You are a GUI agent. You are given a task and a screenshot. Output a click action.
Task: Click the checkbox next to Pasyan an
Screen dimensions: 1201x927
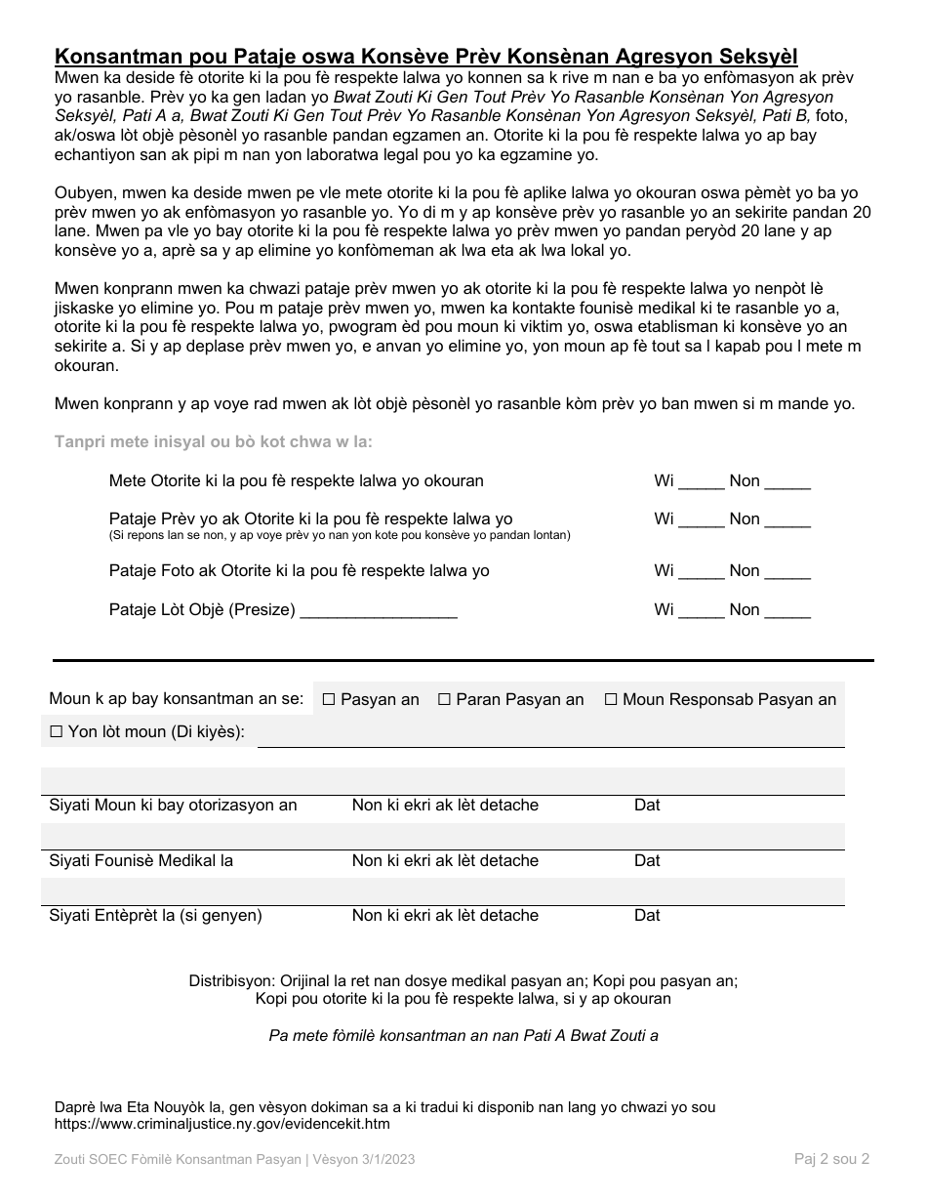coord(329,699)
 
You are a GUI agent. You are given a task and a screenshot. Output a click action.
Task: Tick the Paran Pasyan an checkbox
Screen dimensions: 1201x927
coord(444,699)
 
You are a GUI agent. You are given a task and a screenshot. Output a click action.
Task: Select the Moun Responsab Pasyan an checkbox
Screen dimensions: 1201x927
coord(611,699)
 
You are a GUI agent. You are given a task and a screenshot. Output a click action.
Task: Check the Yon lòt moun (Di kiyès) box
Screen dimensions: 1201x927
coord(56,731)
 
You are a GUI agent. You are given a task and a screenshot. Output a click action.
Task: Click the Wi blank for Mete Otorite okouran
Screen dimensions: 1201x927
coord(702,482)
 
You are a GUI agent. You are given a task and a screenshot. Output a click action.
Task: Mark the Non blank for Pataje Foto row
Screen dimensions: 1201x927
coord(787,572)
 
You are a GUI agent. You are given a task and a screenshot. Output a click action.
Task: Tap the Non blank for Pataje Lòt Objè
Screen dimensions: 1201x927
coord(787,611)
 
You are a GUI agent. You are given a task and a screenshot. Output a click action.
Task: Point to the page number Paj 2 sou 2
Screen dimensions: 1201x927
coord(831,1159)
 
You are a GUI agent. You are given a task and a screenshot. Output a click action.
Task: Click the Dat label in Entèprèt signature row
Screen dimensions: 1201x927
coord(647,915)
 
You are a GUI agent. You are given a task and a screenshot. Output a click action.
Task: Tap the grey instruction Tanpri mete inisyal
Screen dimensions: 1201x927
coord(214,441)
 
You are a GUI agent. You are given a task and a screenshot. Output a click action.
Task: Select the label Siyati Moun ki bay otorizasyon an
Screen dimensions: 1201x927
coord(173,805)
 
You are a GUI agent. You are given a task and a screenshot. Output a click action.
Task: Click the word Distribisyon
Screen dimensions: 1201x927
coord(232,980)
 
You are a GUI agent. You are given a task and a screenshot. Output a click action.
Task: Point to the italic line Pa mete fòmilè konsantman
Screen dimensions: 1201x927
coord(463,1035)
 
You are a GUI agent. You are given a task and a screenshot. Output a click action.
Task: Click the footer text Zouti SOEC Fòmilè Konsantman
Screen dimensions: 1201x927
coord(235,1159)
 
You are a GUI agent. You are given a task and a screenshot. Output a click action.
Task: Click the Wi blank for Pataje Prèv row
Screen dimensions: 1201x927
coord(702,520)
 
